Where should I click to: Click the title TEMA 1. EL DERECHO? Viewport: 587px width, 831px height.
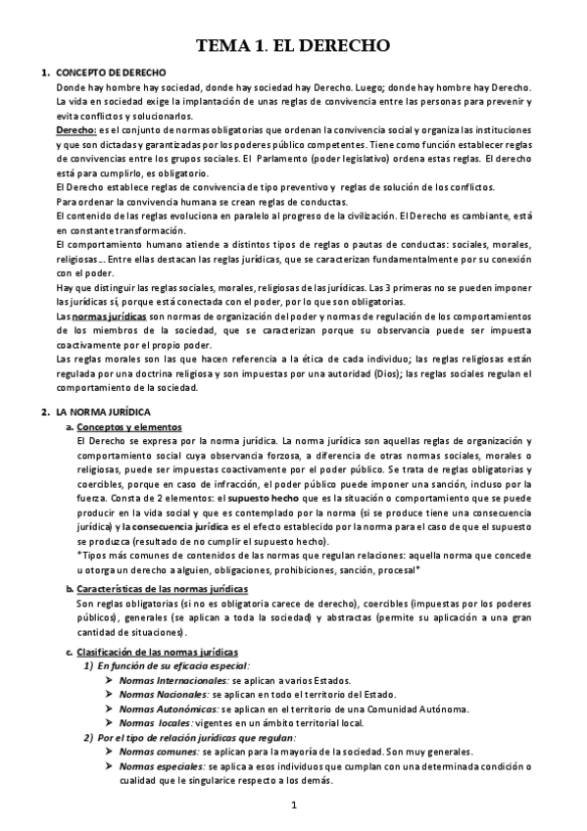coord(294,45)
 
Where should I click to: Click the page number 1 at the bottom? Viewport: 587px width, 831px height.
coord(293,806)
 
